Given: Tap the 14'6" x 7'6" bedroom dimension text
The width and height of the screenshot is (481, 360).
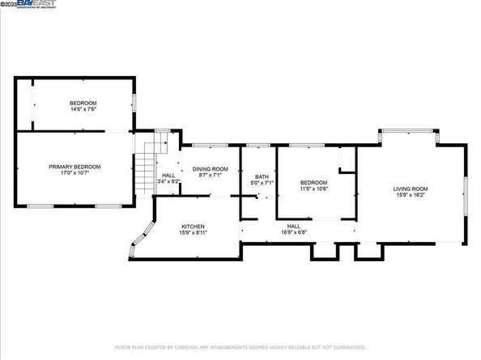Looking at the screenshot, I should (x=83, y=109).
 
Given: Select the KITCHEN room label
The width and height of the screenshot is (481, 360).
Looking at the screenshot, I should (x=193, y=227).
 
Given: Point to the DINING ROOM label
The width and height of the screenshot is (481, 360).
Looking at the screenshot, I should (x=210, y=169).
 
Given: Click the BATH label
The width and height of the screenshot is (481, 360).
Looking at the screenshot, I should (x=262, y=176).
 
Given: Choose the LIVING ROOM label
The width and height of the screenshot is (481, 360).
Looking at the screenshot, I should (x=411, y=188).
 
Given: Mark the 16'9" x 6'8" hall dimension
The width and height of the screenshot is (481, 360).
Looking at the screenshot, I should (x=293, y=232).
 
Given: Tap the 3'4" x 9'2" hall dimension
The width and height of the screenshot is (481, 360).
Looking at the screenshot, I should (x=168, y=181).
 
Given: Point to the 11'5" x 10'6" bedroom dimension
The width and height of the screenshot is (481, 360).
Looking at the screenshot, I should (x=313, y=188).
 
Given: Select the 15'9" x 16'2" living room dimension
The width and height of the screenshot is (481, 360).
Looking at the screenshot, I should (x=411, y=195).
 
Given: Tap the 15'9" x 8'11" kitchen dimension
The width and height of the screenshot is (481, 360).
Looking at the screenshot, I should (x=193, y=233).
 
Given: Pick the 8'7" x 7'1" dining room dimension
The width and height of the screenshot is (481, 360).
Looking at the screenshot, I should (x=210, y=176).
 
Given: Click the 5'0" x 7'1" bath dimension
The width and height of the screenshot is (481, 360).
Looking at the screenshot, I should (x=262, y=183).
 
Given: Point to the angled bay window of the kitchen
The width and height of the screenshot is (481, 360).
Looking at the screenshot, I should (x=139, y=237).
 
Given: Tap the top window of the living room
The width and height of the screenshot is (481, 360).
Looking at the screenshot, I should (x=410, y=132).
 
